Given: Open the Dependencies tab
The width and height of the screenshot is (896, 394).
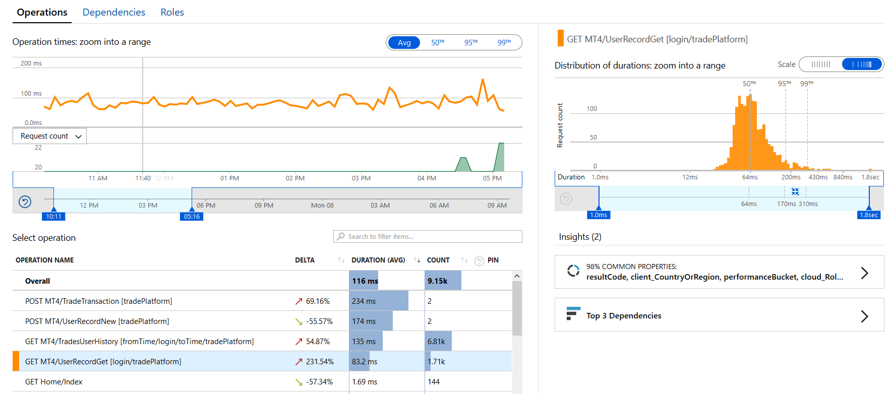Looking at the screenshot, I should click(113, 12).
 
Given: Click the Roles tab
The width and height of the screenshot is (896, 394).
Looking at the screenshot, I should click(172, 12).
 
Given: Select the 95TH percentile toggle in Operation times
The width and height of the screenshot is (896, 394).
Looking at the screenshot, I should click(470, 42).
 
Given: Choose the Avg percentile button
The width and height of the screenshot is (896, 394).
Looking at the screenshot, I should click(404, 42).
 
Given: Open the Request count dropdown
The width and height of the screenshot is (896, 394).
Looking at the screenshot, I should click(50, 136).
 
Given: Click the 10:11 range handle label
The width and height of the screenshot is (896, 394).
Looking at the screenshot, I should click(53, 217).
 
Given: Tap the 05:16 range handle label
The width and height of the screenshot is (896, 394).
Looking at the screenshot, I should click(192, 217).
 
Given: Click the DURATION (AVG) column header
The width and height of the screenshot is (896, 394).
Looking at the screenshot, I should click(378, 260).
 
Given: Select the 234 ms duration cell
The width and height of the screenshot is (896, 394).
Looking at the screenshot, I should click(364, 301).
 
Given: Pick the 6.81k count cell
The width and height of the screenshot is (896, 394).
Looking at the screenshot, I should click(436, 341).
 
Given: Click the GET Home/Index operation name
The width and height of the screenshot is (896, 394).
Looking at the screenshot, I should click(54, 381).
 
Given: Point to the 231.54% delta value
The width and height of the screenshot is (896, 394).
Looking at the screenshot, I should click(320, 361).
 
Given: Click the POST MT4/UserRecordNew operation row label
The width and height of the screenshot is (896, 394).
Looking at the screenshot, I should click(97, 321).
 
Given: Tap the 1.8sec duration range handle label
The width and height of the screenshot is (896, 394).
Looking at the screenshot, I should click(869, 215).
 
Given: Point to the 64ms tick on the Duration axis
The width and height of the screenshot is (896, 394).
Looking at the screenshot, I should click(750, 177).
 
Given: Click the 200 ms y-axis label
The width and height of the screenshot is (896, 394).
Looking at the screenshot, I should click(31, 63).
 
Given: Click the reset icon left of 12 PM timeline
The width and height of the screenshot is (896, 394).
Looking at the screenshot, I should click(25, 202).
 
